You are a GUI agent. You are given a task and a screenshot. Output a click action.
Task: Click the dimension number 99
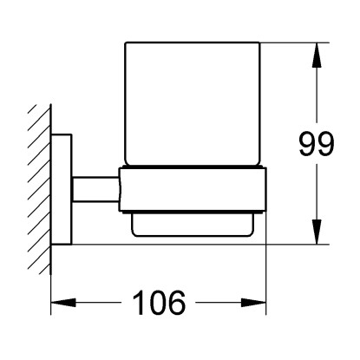[x=317, y=143]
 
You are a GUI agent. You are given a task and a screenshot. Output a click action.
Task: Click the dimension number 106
[x=159, y=303]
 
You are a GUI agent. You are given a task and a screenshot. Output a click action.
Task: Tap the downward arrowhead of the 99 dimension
[x=317, y=232]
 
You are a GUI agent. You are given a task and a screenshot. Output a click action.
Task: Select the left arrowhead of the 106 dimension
[x=63, y=303]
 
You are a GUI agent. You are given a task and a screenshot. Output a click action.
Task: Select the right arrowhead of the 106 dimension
[x=253, y=303]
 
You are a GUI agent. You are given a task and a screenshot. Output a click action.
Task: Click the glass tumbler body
[x=193, y=104]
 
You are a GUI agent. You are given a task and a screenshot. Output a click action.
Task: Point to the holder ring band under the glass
[x=193, y=190]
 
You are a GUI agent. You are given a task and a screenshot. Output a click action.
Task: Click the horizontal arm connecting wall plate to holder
[x=95, y=189]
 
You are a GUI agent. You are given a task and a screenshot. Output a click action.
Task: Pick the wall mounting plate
[x=62, y=189]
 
